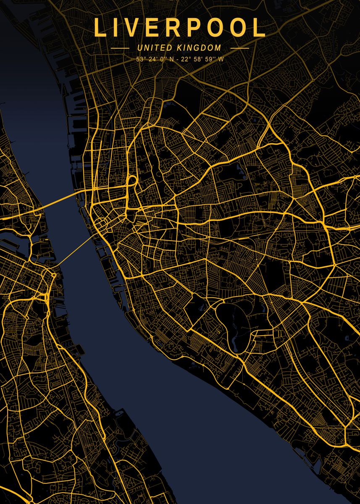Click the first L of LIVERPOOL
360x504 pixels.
(101, 28)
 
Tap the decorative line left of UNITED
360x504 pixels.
(120, 48)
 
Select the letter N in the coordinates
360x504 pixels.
(171, 59)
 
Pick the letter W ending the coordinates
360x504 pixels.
(221, 59)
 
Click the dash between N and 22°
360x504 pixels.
(178, 59)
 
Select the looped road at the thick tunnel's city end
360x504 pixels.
(131, 181)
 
